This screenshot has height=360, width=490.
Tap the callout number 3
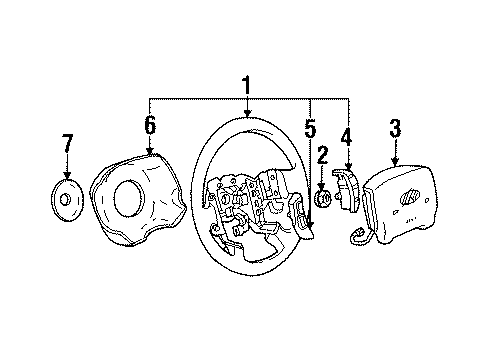[395, 127]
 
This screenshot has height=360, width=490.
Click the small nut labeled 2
[323, 199]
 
